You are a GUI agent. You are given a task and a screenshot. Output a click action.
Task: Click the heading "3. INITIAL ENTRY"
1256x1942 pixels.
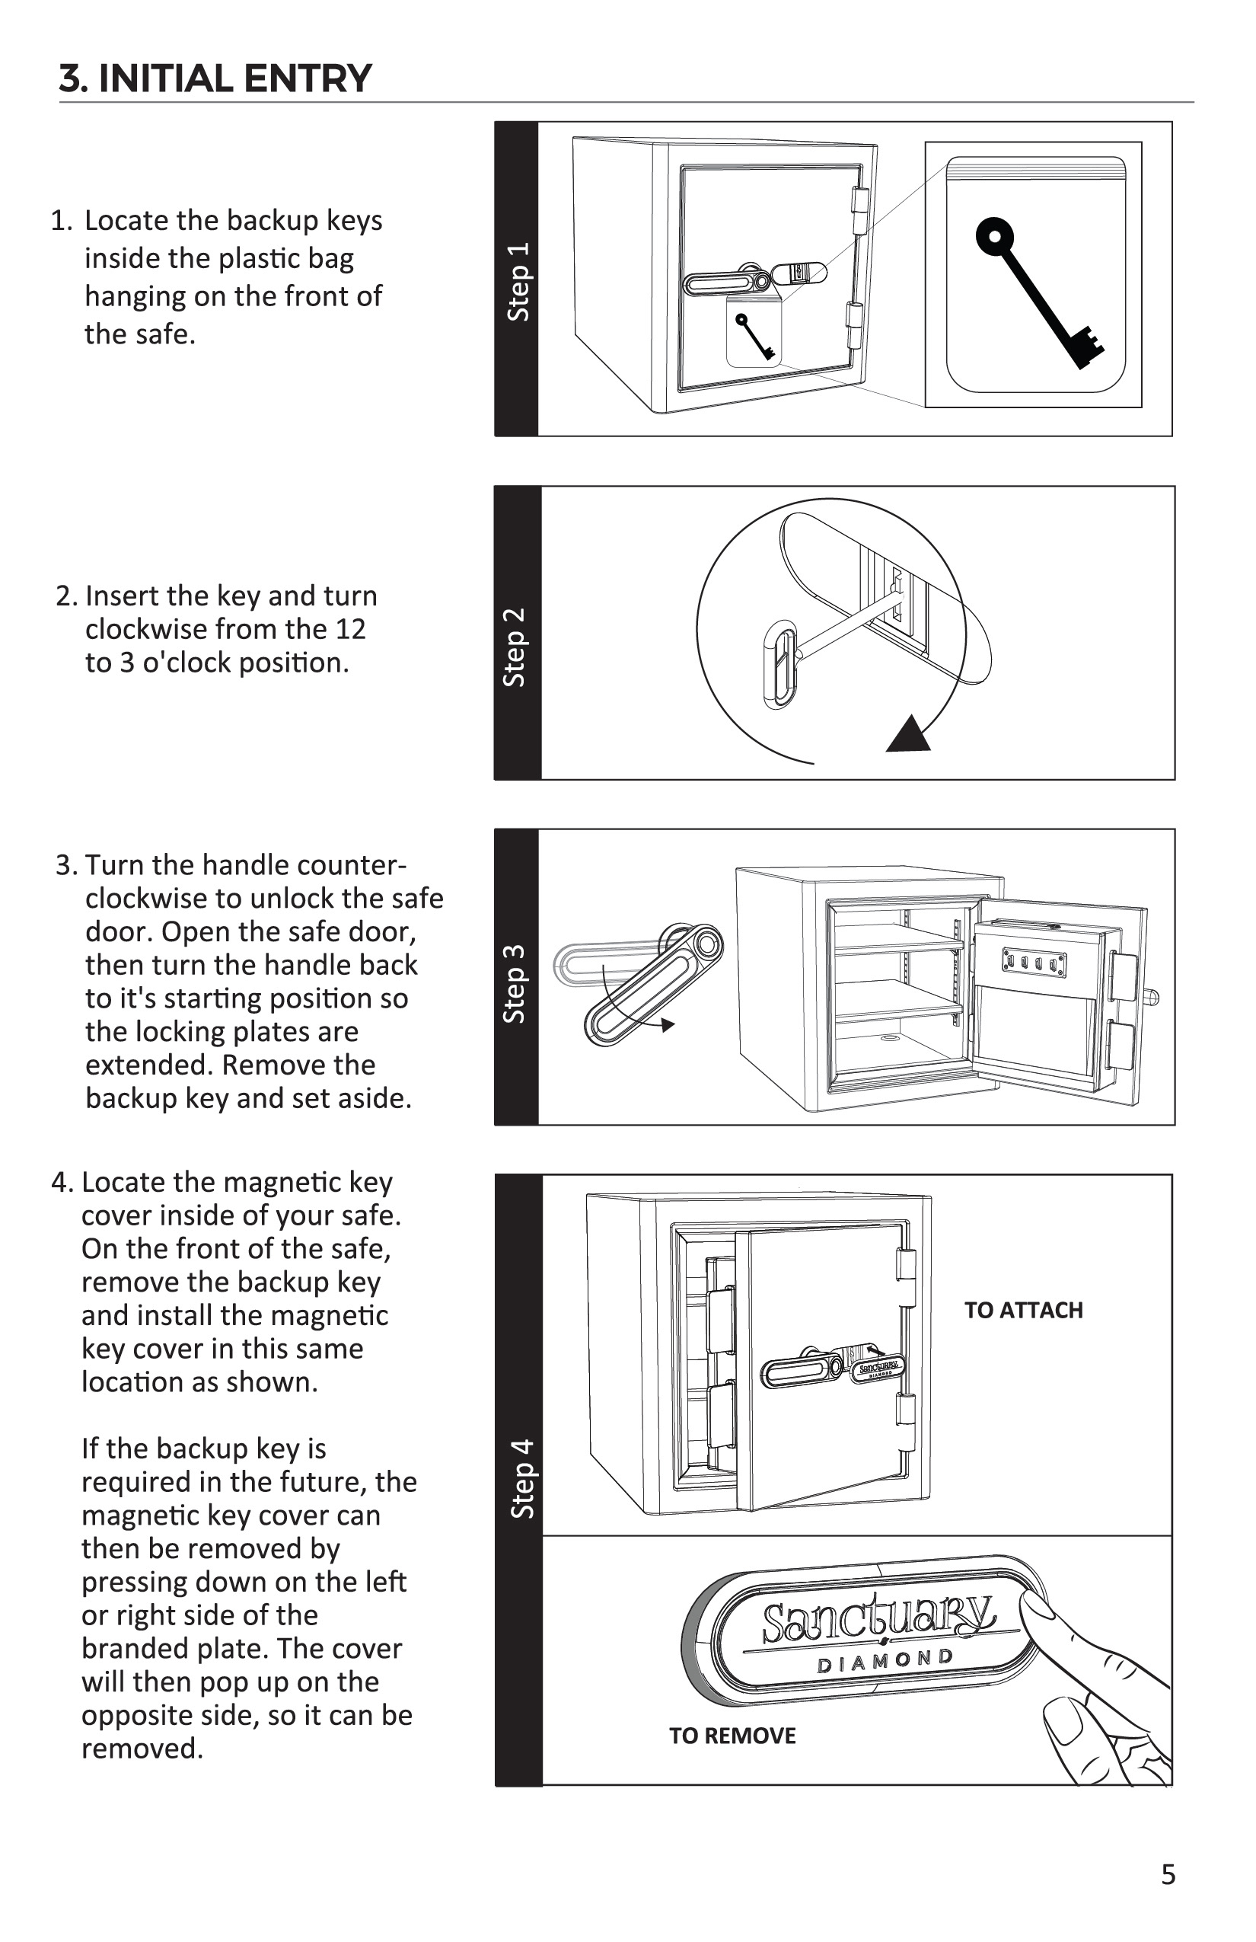coord(215,78)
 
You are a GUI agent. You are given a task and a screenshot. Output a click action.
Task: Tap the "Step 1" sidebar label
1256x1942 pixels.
coord(518,281)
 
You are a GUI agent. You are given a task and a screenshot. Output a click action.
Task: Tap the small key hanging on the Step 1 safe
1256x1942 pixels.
coord(754,335)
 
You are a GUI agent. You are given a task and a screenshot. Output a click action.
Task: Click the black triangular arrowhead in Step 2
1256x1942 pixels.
coord(907,734)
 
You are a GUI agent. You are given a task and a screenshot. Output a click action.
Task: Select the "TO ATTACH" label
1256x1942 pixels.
coord(1024,1311)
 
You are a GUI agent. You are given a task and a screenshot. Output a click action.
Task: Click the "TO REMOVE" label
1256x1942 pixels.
coord(732,1736)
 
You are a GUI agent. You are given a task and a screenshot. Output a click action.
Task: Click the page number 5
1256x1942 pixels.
coord(1168,1874)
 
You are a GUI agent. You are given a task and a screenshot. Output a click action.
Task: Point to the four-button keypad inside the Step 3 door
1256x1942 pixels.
coord(1034,963)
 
